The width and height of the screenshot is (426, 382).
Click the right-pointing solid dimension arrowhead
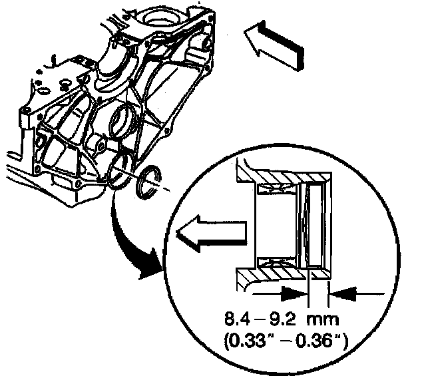tap(294, 291)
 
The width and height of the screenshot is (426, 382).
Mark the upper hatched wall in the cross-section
tap(286, 175)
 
